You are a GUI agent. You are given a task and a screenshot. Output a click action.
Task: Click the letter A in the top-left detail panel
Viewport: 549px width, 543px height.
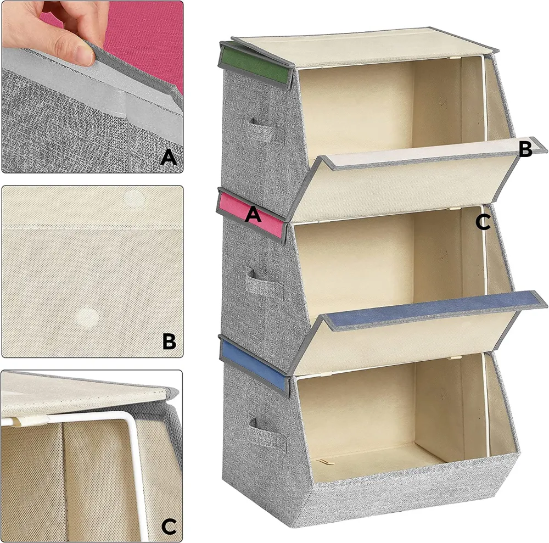(x=169, y=157)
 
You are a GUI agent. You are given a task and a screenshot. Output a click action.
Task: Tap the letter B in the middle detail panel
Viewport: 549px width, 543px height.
(x=170, y=341)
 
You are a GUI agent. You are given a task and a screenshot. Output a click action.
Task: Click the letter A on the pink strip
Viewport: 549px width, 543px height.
(x=253, y=214)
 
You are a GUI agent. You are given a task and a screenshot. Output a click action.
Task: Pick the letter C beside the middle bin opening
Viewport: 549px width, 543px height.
(x=483, y=222)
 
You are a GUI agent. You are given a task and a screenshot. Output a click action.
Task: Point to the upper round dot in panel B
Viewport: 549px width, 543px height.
(x=136, y=199)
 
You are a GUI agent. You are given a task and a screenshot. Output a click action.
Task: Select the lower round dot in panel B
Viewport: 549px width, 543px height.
(x=87, y=317)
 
